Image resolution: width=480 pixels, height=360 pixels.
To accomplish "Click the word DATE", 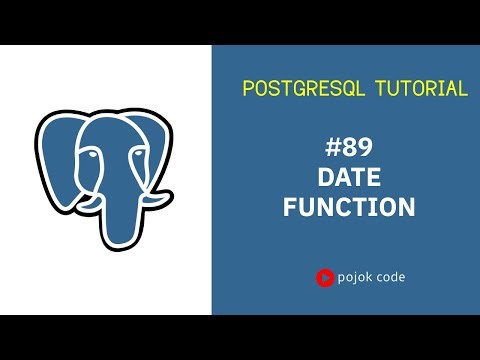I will (x=348, y=179).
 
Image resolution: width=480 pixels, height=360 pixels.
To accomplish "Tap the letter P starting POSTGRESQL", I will (x=249, y=89).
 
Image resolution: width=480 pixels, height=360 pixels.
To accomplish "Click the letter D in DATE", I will (x=325, y=179).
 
